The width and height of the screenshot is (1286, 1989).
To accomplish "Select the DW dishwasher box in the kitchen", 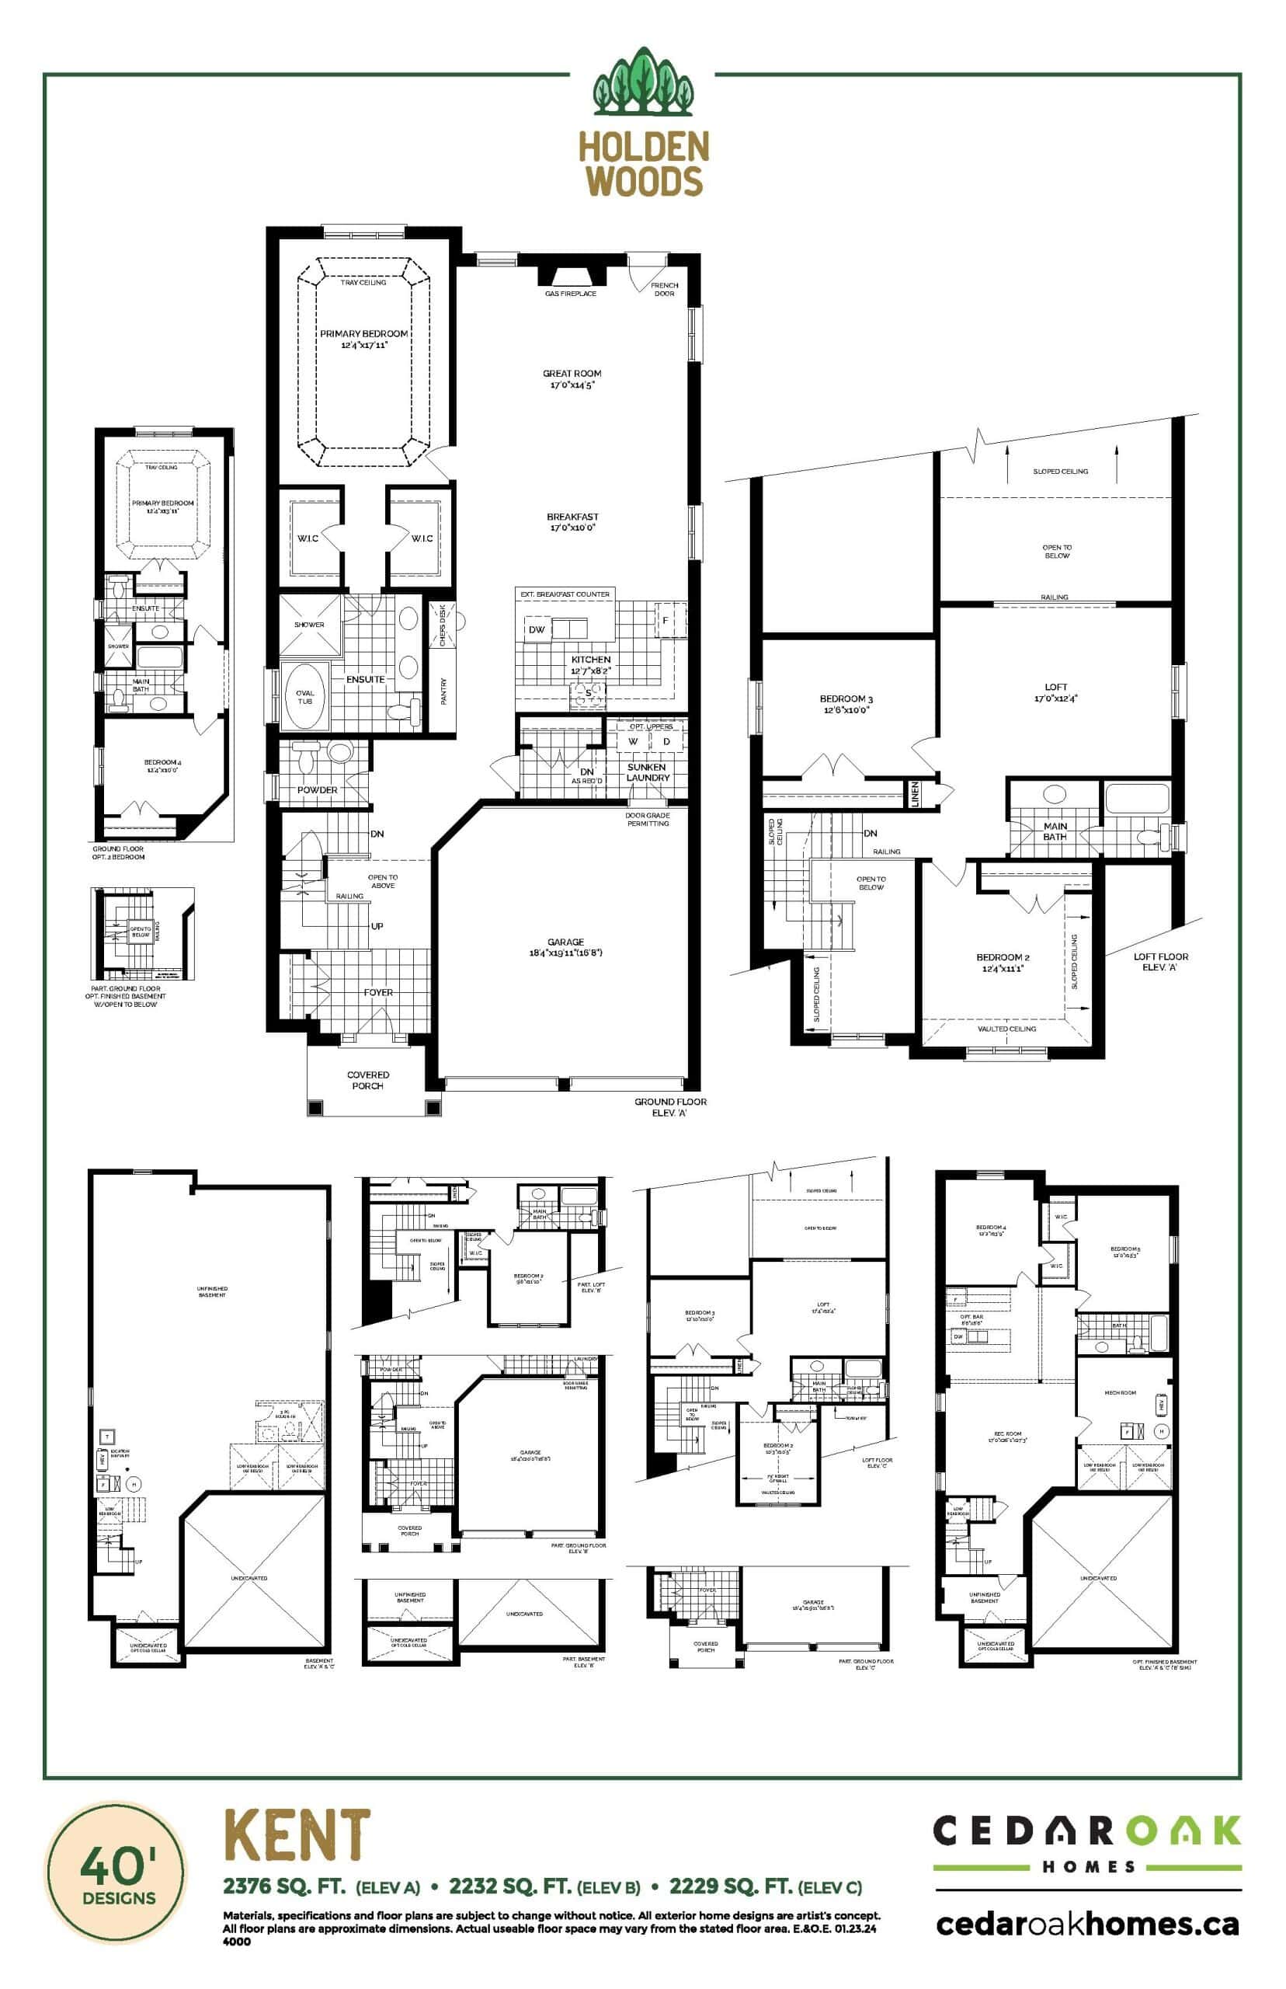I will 537,629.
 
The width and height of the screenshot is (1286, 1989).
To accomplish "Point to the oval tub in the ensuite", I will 304,697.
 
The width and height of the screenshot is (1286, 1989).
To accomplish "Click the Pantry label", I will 443,690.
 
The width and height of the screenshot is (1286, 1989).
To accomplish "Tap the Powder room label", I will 318,789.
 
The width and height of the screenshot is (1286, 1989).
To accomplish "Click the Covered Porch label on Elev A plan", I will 367,1080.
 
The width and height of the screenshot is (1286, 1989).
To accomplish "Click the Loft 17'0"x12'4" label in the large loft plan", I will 1055,691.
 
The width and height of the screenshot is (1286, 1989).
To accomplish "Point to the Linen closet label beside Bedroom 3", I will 916,793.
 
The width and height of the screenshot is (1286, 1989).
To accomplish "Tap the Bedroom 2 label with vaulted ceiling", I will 1003,963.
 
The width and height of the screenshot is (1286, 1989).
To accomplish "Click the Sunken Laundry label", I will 646,772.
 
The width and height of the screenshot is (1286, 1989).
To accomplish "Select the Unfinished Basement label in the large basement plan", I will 212,1291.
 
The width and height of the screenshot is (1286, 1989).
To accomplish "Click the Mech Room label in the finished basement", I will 1120,1392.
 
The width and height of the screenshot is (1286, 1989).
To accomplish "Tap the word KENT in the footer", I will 297,1835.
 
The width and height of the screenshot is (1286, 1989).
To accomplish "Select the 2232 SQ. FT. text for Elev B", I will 510,1886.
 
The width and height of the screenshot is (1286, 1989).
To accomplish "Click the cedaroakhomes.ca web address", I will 1087,1924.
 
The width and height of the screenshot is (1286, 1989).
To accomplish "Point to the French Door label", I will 664,289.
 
